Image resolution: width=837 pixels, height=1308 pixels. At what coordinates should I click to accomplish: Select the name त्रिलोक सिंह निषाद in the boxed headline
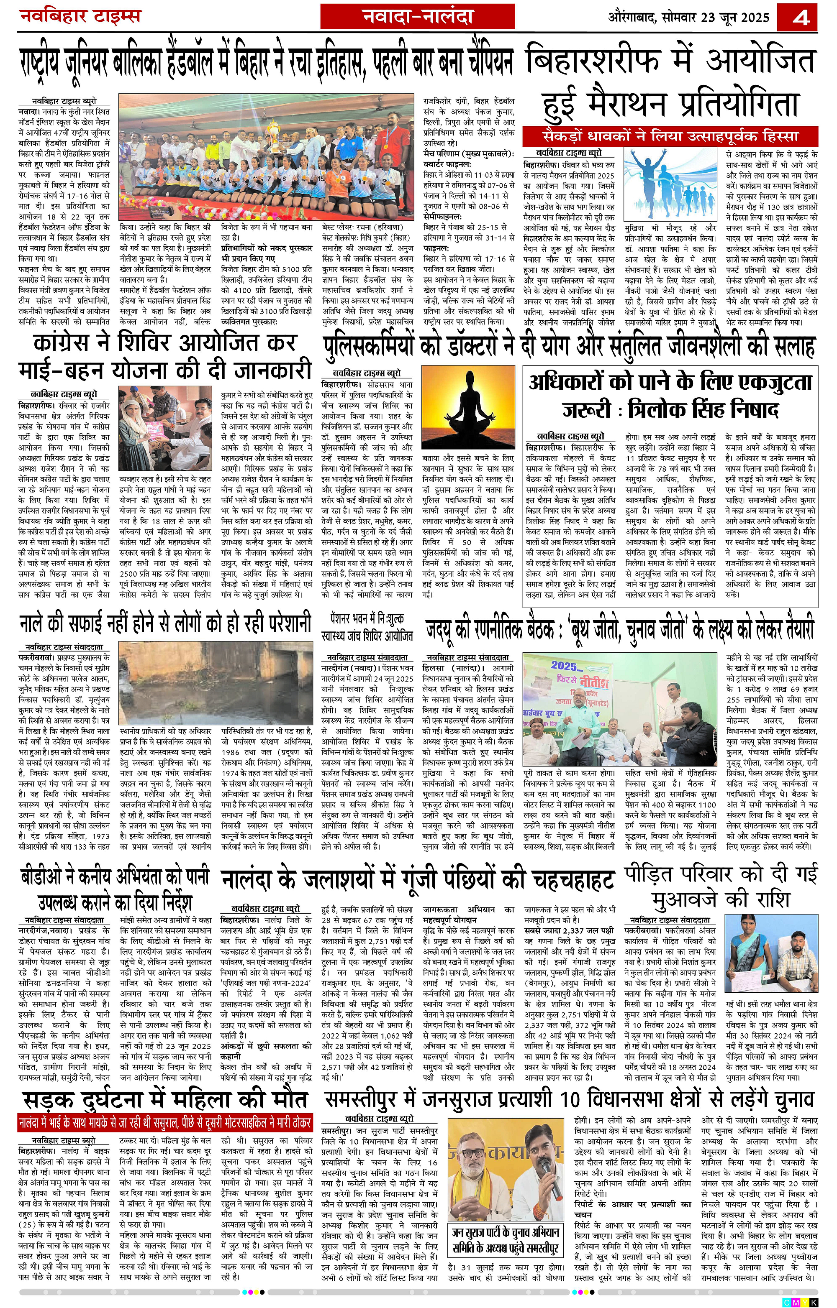(704, 409)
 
